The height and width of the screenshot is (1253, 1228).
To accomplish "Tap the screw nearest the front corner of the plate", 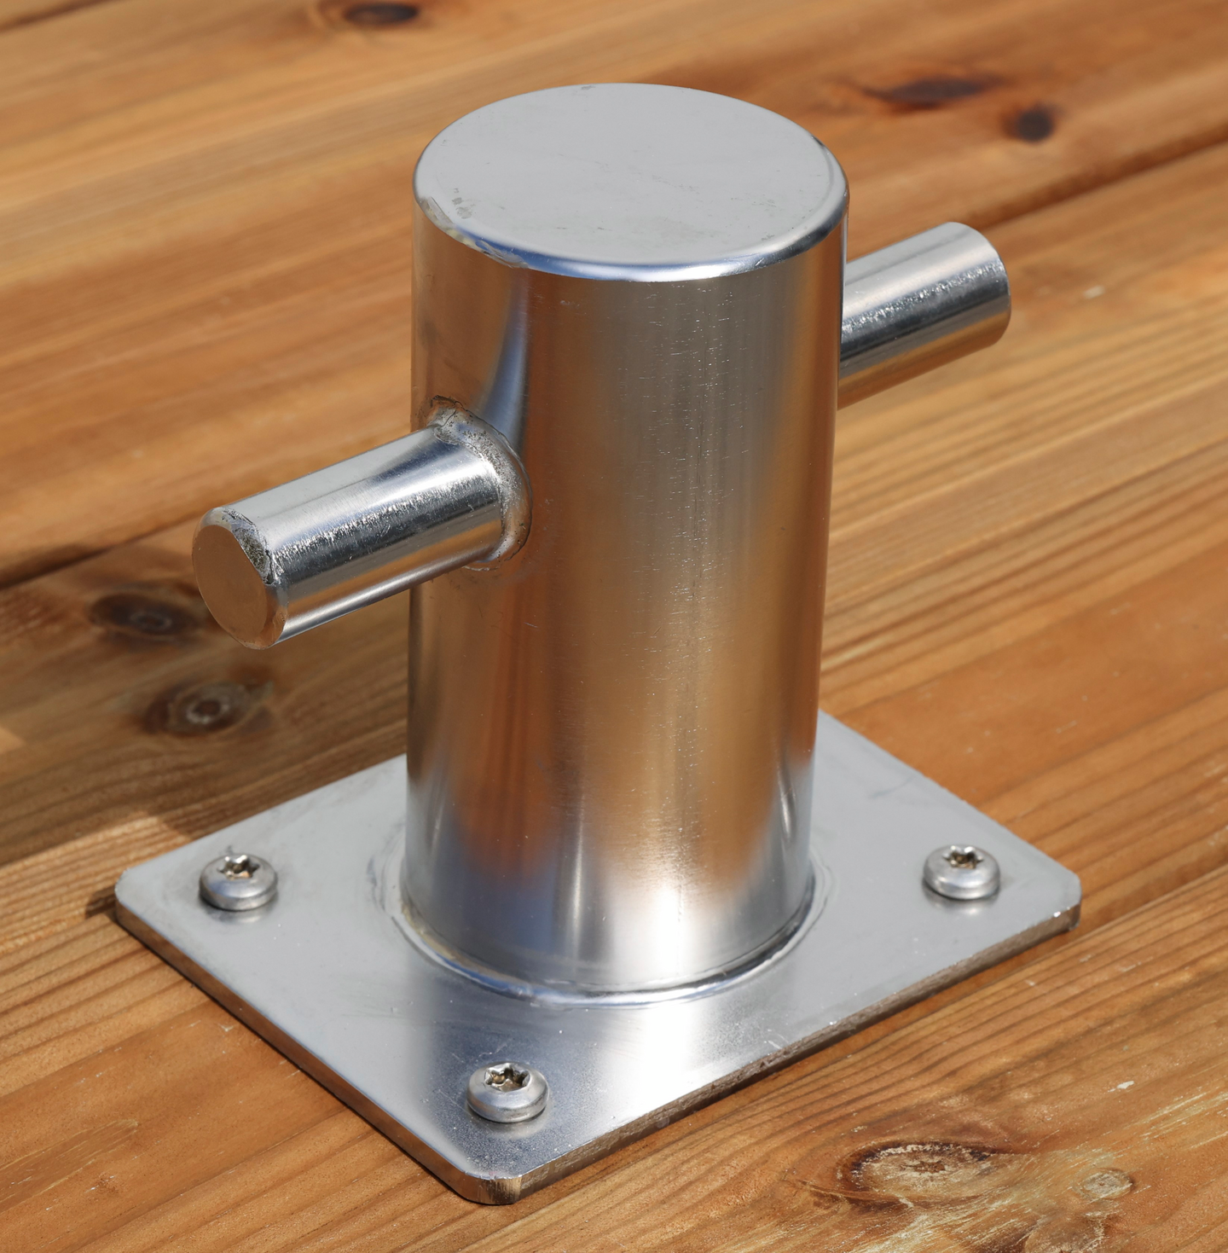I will coord(507,1091).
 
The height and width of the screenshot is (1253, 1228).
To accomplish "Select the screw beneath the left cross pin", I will coord(239,880).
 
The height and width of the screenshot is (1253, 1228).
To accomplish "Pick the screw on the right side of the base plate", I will coord(962,871).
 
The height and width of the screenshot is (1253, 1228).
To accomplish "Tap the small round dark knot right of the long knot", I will coord(1032,124).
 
